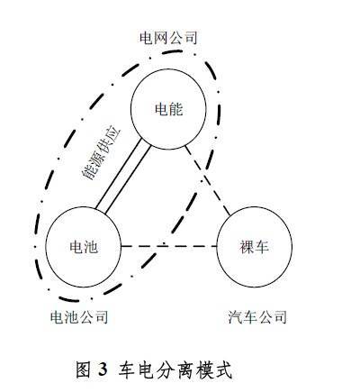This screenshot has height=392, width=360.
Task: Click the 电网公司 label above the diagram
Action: (168, 39)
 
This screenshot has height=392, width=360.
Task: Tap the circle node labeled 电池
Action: (83, 247)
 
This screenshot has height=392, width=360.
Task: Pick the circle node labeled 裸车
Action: (254, 247)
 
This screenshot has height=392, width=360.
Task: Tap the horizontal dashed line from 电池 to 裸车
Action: (168, 247)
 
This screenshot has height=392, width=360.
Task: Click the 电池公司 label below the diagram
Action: (79, 317)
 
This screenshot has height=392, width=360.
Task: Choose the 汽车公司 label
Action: (257, 317)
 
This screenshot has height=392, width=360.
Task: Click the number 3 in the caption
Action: (103, 369)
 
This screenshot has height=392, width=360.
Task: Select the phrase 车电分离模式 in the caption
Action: (175, 369)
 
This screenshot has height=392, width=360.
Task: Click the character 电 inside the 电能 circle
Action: (161, 109)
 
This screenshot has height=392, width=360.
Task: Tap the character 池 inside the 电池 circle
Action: (91, 247)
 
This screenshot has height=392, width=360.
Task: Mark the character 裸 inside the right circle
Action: (247, 247)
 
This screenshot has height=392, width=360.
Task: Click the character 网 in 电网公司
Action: (161, 39)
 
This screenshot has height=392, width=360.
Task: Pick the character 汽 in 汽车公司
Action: (235, 317)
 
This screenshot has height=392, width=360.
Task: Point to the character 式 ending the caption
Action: (224, 369)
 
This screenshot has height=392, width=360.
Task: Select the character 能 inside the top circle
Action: (175, 109)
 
